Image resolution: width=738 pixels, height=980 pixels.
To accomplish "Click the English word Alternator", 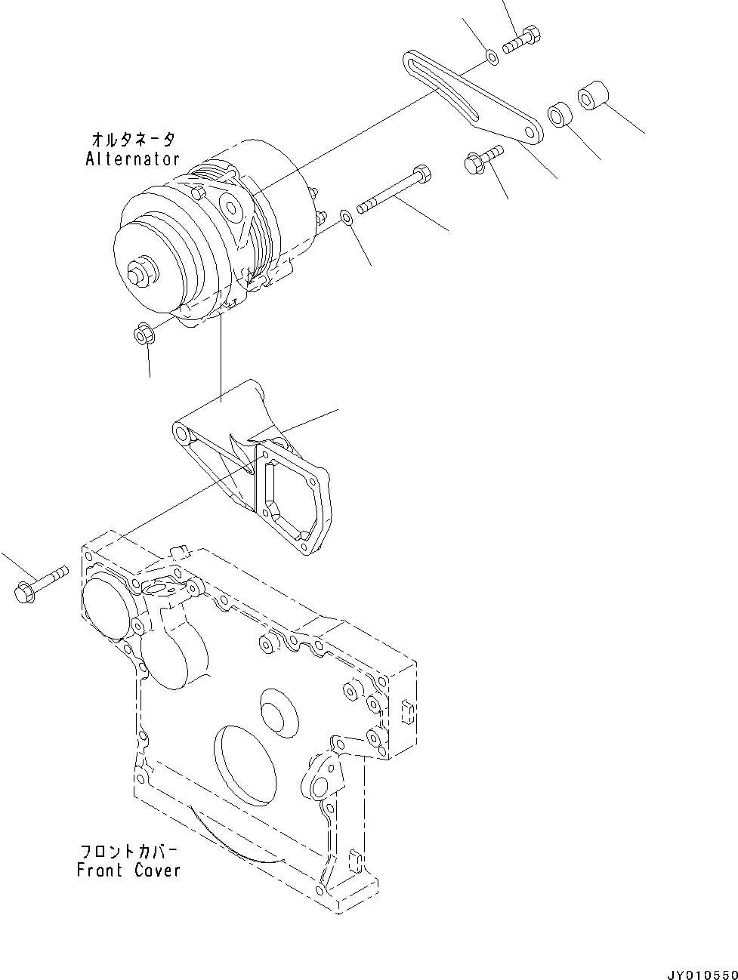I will [x=132, y=159].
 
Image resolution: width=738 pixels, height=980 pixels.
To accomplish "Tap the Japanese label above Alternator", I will [x=134, y=140].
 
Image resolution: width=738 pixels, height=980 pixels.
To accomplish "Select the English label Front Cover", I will [x=129, y=870].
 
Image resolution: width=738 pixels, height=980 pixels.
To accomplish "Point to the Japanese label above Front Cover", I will [x=129, y=851].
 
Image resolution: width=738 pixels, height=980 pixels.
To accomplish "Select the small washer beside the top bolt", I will [x=491, y=57].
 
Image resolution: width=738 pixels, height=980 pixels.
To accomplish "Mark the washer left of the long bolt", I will [x=345, y=218].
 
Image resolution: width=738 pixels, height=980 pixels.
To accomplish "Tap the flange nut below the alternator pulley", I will [x=144, y=333].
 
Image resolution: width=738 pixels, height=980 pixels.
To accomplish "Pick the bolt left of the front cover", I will [x=38, y=584].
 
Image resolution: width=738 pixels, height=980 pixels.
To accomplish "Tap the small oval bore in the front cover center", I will [x=279, y=710].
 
